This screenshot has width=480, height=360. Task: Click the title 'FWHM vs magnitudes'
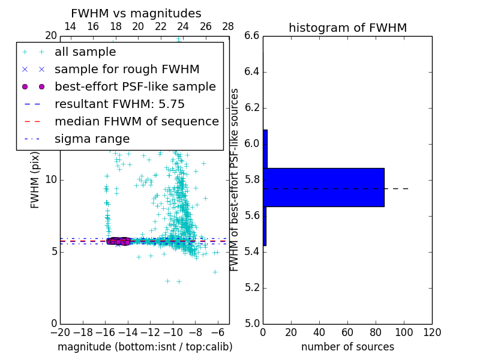136,13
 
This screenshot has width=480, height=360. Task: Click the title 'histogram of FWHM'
347,28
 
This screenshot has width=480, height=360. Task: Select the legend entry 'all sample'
85,52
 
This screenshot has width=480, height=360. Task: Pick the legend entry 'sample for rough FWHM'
127,70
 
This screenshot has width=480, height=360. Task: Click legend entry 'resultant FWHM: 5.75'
119,104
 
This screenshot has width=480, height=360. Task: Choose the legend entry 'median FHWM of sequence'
136,122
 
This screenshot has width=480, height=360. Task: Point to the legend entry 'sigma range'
92,139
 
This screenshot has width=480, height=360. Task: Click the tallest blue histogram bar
323,187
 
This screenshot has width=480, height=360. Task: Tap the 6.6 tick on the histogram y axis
251,36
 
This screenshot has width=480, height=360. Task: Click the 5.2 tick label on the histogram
251,287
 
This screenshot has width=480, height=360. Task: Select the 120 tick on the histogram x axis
432,332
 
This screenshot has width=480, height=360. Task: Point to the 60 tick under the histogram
347,332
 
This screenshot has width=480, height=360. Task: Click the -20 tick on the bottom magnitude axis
60,332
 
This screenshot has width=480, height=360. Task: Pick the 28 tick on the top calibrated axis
228,26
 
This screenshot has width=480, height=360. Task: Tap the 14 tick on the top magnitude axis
70,26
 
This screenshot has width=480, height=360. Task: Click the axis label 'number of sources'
347,347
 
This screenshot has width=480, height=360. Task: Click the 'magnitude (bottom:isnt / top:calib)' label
145,347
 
